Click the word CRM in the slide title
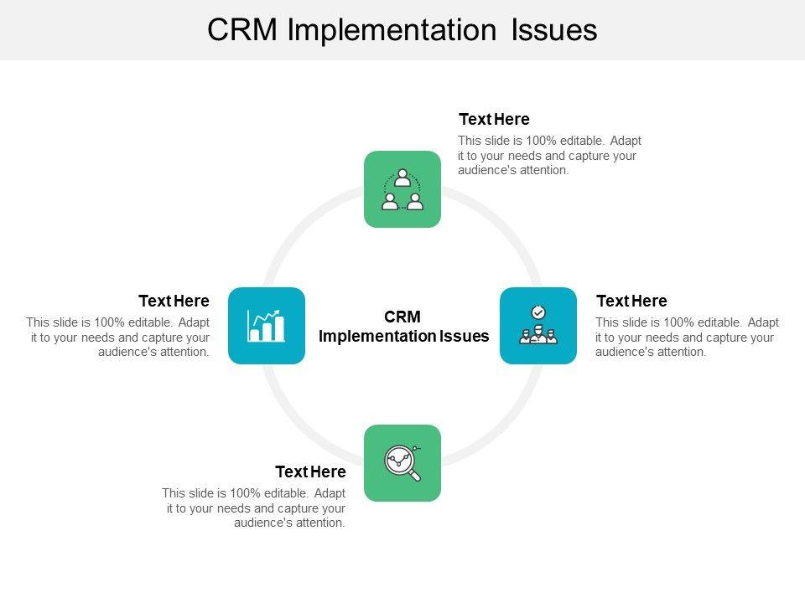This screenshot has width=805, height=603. click(241, 30)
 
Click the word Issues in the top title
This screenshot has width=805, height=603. click(554, 30)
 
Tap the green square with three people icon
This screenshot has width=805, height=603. click(402, 189)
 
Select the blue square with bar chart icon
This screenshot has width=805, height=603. click(267, 326)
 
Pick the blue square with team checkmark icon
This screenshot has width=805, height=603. click(538, 326)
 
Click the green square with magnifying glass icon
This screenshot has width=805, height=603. click(402, 463)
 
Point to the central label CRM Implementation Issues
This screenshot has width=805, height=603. click(403, 326)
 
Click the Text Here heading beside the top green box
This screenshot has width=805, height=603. click(494, 119)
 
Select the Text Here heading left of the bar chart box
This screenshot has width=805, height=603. click(174, 301)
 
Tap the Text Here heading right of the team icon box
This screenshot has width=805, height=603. click(631, 301)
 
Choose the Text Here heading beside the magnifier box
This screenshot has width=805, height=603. click(310, 472)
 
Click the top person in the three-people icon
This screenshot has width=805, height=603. click(402, 178)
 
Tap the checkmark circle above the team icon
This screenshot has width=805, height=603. click(538, 312)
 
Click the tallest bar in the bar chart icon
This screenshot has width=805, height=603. click(278, 328)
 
